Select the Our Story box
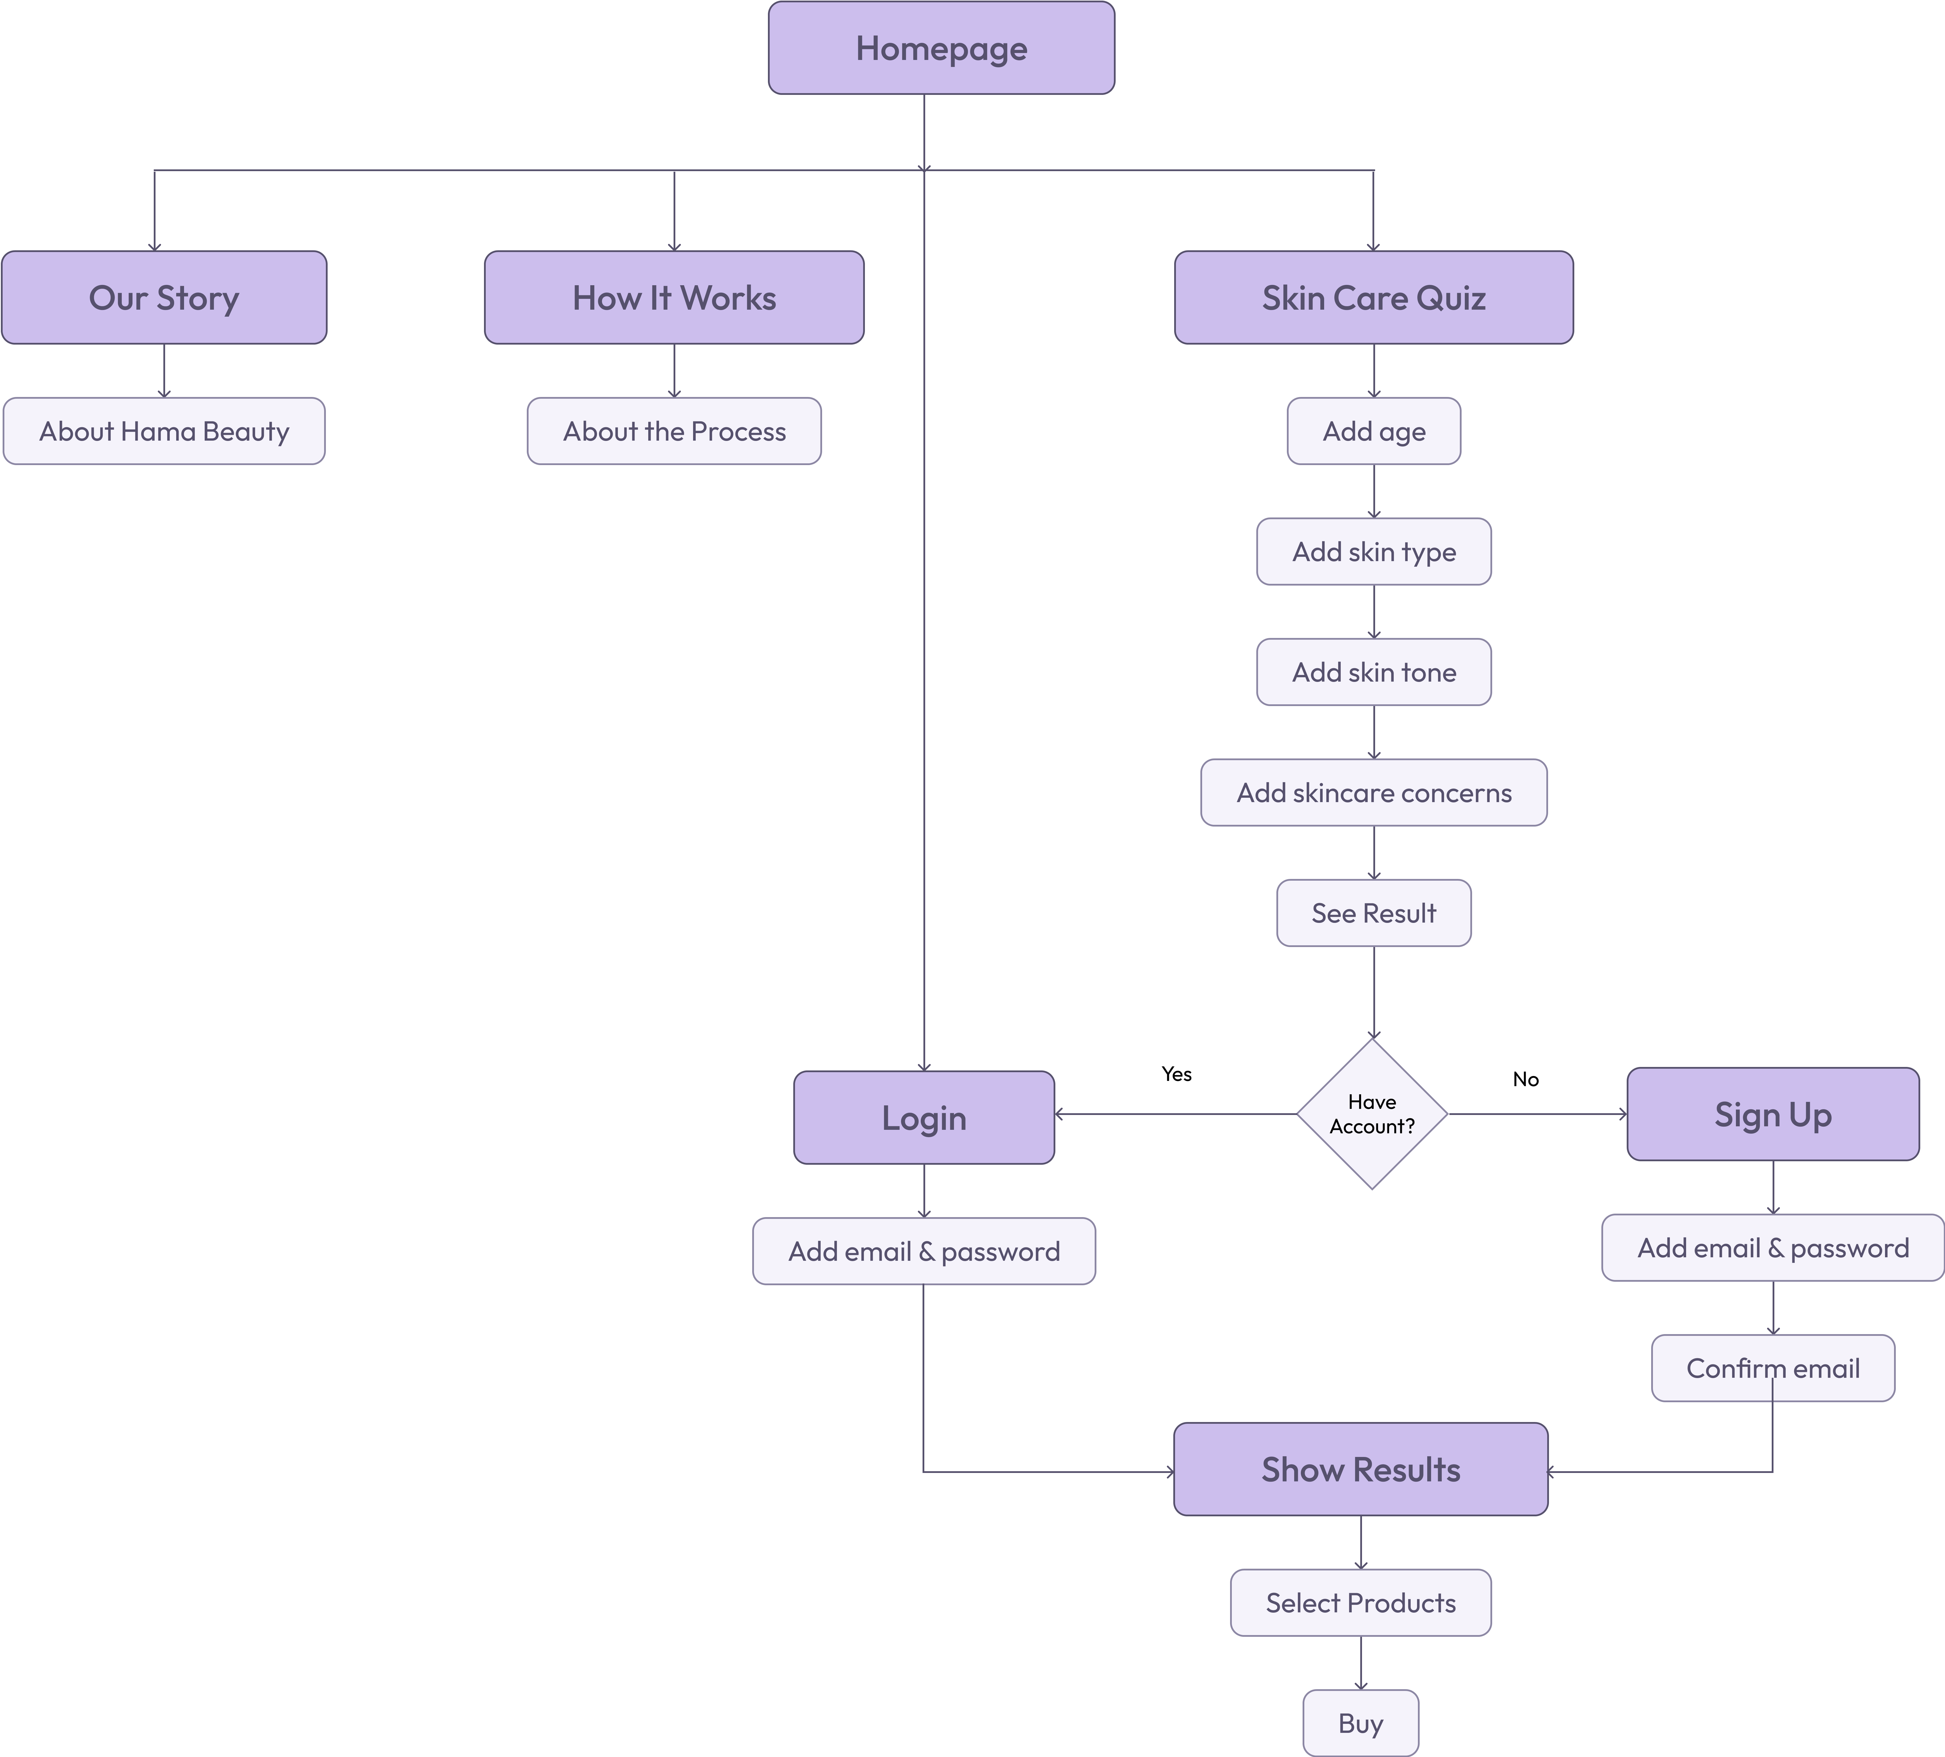click(164, 298)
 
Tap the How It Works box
click(673, 298)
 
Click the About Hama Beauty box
click(164, 431)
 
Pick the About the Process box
click(673, 431)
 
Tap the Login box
click(923, 1118)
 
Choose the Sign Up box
click(1772, 1114)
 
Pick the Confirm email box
click(1772, 1368)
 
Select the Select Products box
click(1360, 1603)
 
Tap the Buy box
click(1360, 1723)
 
